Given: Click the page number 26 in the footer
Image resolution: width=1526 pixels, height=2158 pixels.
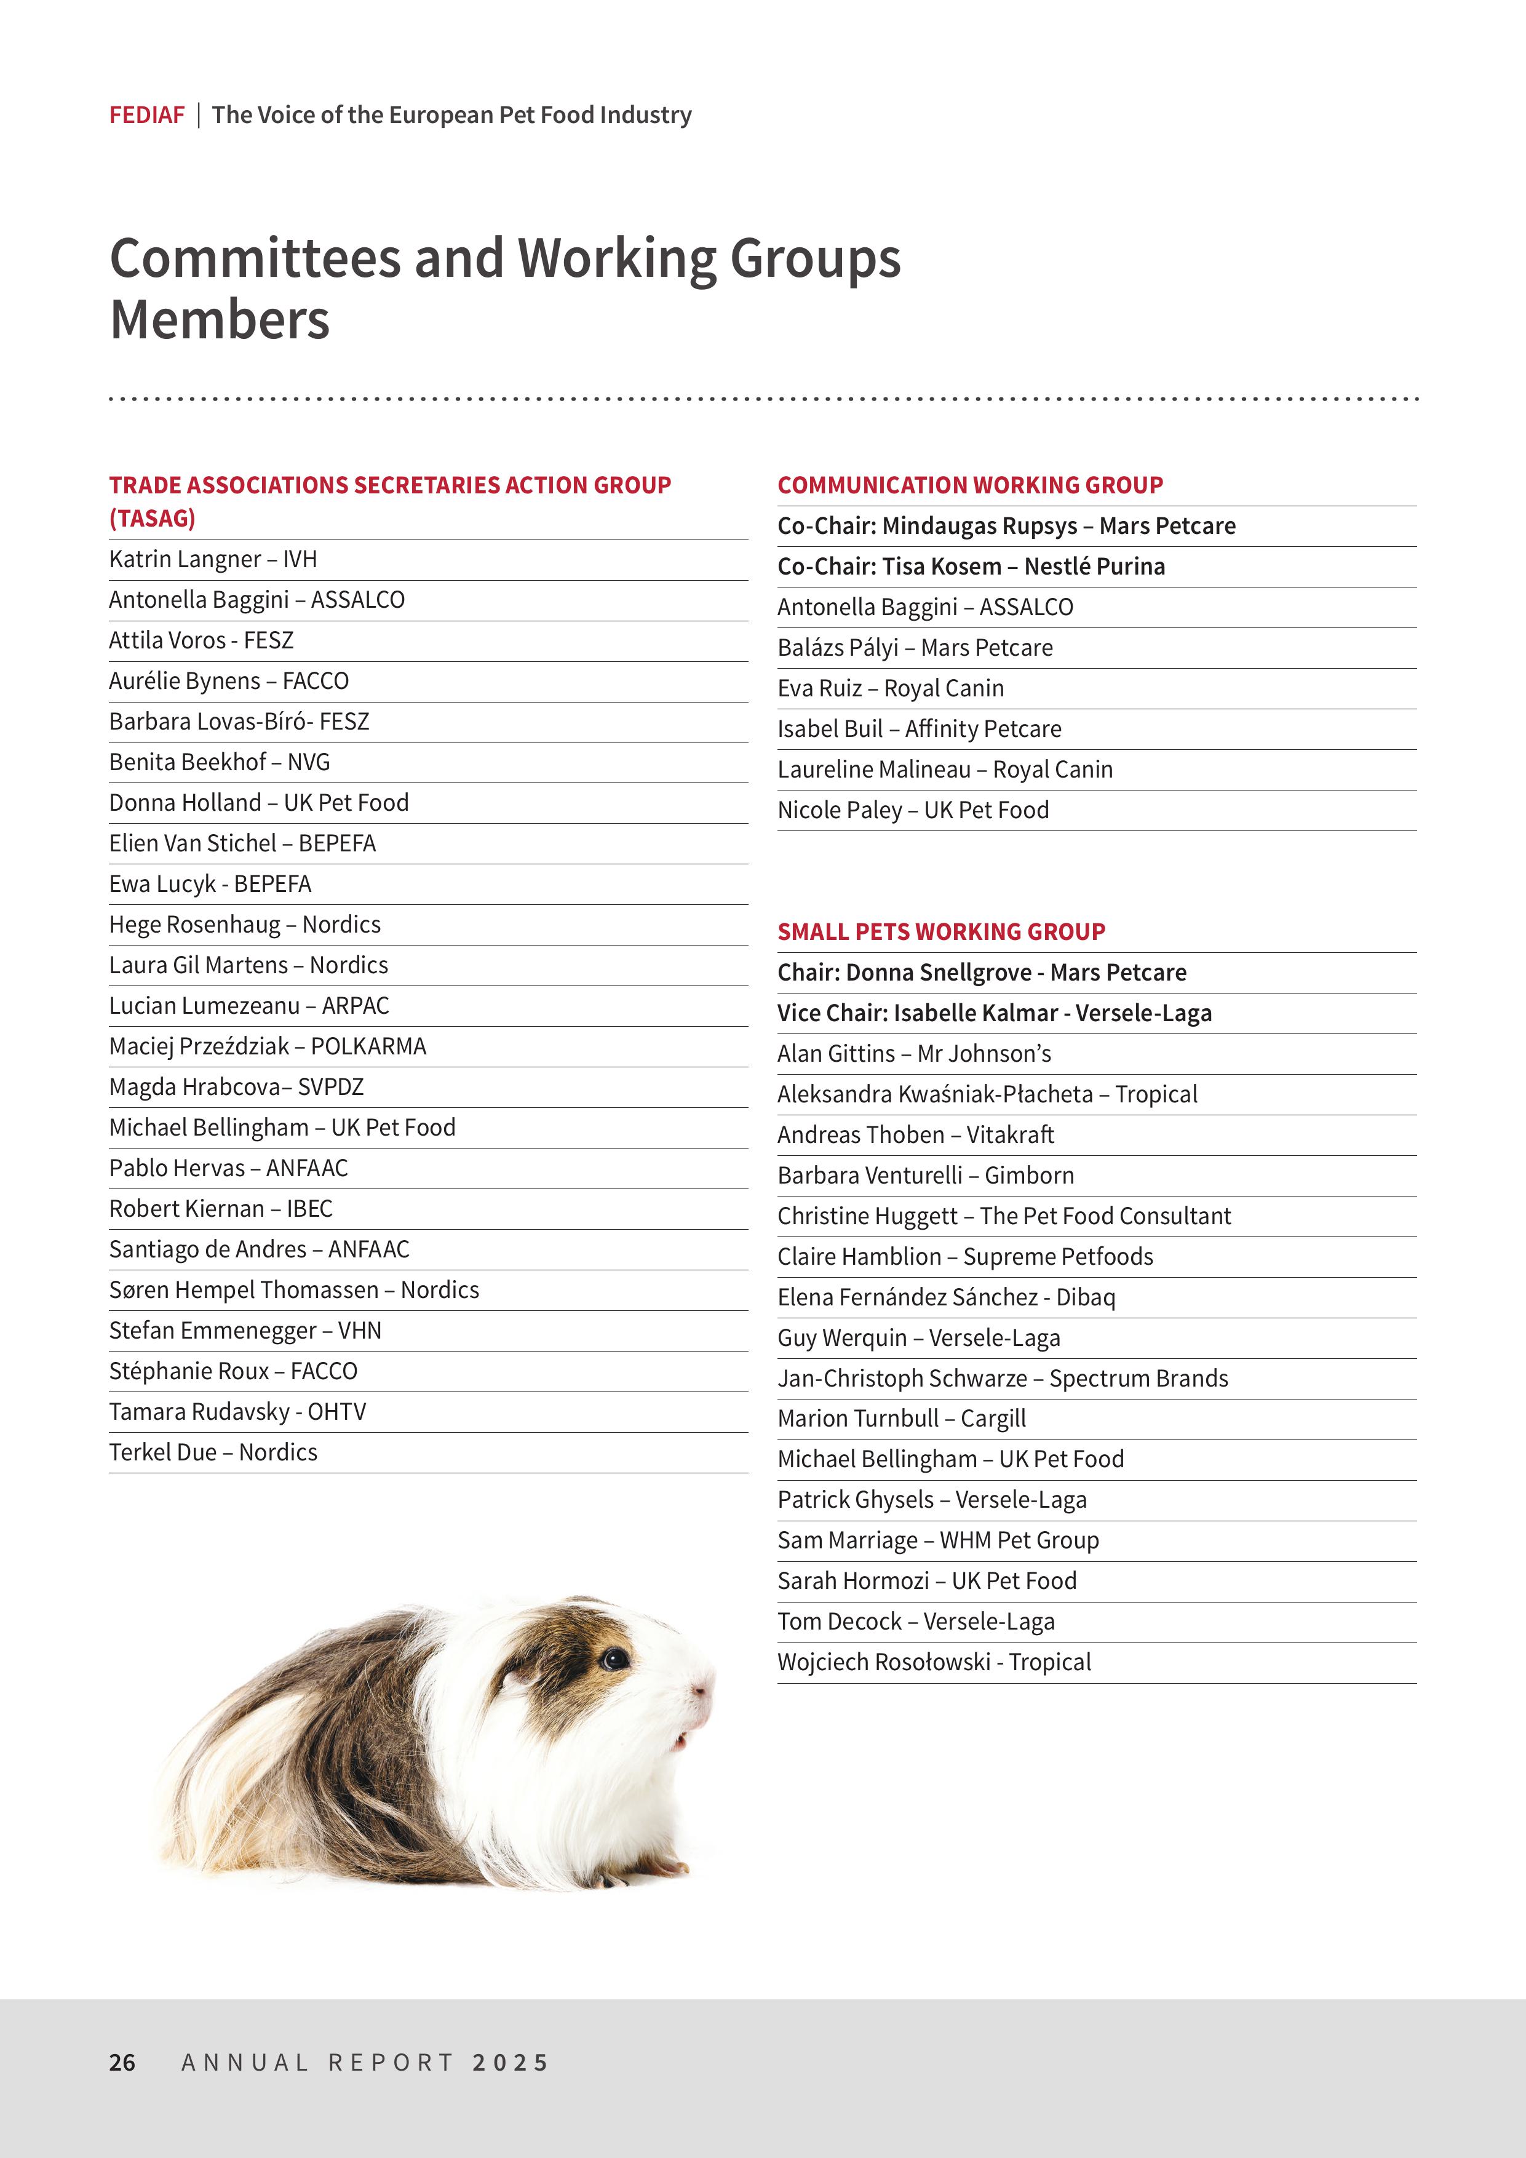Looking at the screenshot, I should pyautogui.click(x=122, y=2062).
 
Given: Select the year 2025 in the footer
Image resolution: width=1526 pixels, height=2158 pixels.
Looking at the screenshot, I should pyautogui.click(x=511, y=2062).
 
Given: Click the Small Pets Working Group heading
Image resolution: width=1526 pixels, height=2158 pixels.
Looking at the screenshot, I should pyautogui.click(x=940, y=931).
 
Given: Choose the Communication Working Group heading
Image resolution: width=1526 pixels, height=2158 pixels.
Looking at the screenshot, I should pyautogui.click(x=970, y=485).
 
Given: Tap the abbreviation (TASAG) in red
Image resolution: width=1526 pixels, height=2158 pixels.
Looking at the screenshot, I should pyautogui.click(x=152, y=518).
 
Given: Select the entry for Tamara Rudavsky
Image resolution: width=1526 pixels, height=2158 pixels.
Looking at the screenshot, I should pyautogui.click(x=237, y=1412).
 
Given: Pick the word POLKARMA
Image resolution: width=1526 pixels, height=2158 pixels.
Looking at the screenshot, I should pyautogui.click(x=368, y=1046).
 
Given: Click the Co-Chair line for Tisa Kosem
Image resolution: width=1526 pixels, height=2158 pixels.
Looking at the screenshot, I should pyautogui.click(x=971, y=567).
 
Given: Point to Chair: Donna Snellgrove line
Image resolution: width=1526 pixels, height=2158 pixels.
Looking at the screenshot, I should pyautogui.click(x=981, y=972).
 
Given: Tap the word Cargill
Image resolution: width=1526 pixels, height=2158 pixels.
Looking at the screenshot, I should pyautogui.click(x=993, y=1419).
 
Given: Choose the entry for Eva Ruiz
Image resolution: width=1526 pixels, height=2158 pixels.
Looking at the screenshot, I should pyautogui.click(x=890, y=688).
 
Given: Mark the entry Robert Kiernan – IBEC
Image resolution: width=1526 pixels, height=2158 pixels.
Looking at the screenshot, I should pyautogui.click(x=221, y=1209).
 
